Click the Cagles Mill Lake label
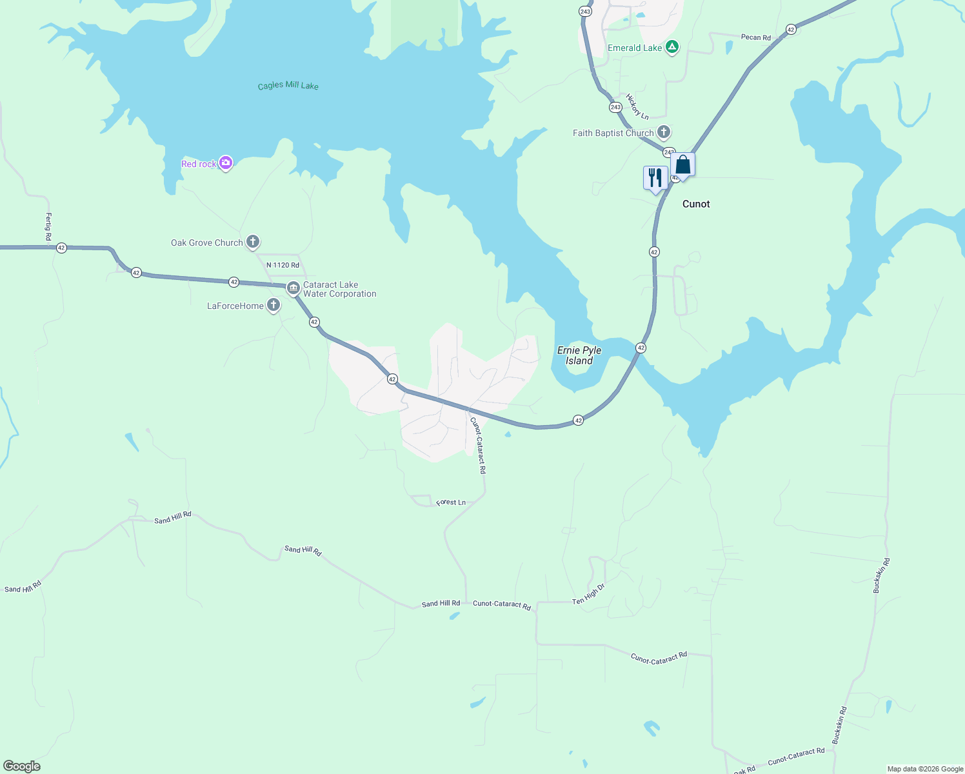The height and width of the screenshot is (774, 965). [288, 85]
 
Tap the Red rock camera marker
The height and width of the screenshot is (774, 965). [226, 163]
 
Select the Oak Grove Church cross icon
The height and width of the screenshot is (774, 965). [253, 243]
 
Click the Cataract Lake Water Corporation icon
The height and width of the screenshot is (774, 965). [293, 288]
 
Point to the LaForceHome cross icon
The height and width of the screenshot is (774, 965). [274, 305]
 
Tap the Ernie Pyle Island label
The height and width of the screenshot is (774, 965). [579, 355]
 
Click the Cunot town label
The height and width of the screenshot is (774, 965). [696, 204]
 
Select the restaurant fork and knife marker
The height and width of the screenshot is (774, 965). [655, 177]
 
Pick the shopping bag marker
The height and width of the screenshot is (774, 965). [682, 165]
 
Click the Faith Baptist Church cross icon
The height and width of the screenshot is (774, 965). [664, 133]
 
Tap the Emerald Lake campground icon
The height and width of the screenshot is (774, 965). [672, 47]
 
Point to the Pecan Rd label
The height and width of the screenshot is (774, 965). [755, 37]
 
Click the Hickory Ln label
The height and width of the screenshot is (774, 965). [637, 106]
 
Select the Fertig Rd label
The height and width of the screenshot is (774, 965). [48, 227]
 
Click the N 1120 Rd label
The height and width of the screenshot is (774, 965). [283, 265]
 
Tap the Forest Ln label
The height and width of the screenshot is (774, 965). [451, 502]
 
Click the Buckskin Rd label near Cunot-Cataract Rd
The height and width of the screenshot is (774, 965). [839, 726]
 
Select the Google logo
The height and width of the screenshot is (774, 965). [22, 766]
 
